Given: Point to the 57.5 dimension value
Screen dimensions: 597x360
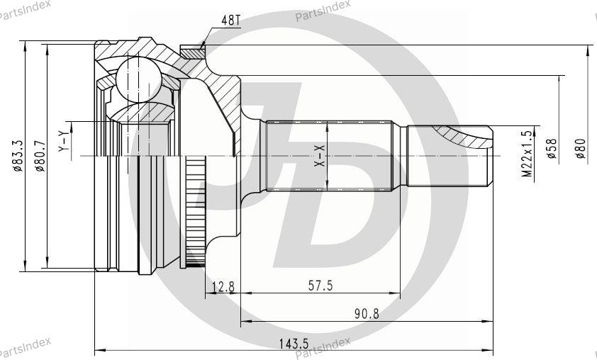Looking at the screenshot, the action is [320, 286].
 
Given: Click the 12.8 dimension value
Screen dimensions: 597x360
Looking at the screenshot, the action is [223, 286].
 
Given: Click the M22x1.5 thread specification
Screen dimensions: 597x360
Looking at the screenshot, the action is [527, 154].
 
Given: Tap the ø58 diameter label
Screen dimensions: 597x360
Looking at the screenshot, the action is [552, 149].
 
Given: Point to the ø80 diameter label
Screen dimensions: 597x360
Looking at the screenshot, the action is [580, 149].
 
